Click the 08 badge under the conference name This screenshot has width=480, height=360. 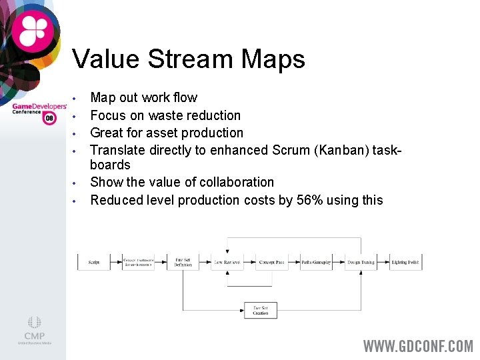point(49,119)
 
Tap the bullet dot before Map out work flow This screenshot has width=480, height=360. point(77,98)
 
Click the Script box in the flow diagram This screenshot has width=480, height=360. point(94,262)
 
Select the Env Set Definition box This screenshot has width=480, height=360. point(183,262)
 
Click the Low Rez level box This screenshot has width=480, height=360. point(227,262)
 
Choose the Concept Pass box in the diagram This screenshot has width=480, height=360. point(271,262)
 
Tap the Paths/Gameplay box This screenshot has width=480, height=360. point(316,262)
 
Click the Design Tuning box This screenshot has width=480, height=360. point(361,262)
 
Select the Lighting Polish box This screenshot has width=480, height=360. point(405,262)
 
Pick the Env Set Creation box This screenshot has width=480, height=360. point(261,310)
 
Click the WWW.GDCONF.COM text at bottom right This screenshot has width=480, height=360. point(417,346)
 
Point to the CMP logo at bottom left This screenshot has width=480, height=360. point(34,331)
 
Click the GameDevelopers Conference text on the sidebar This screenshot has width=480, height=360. point(39,108)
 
